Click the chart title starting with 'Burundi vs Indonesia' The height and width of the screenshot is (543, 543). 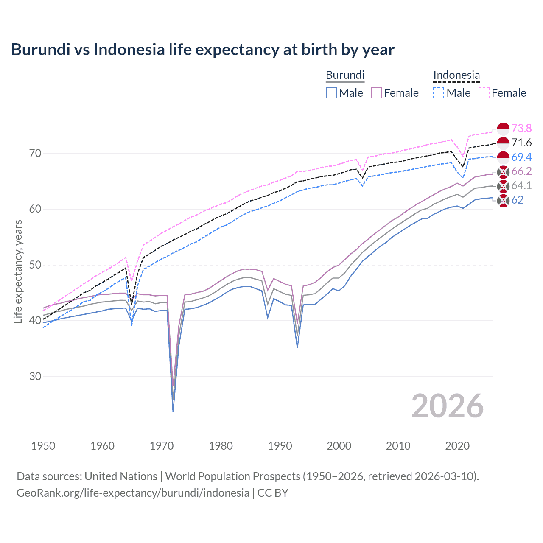[203, 50]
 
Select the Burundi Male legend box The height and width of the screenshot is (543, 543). [331, 93]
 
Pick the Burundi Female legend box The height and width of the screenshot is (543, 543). [376, 93]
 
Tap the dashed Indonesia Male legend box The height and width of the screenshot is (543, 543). [439, 93]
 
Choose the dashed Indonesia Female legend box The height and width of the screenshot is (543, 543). [484, 93]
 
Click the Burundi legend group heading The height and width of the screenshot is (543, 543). [345, 75]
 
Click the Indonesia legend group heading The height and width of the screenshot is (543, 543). [456, 75]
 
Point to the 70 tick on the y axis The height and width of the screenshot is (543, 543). [35, 153]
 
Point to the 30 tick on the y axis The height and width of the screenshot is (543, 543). [35, 376]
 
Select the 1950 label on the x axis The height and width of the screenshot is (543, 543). [43, 446]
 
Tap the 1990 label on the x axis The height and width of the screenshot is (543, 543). [280, 446]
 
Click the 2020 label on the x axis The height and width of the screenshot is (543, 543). [457, 446]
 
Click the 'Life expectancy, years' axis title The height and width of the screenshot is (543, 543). [18, 271]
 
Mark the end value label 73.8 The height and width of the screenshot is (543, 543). [521, 128]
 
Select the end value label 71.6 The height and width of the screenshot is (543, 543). [521, 143]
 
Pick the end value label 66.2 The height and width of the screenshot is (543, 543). [521, 171]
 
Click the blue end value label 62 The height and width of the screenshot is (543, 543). [517, 200]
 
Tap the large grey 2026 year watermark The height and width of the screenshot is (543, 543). [447, 406]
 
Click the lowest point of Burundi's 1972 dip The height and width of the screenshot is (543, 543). [173, 411]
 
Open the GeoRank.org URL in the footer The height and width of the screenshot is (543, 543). [133, 493]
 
